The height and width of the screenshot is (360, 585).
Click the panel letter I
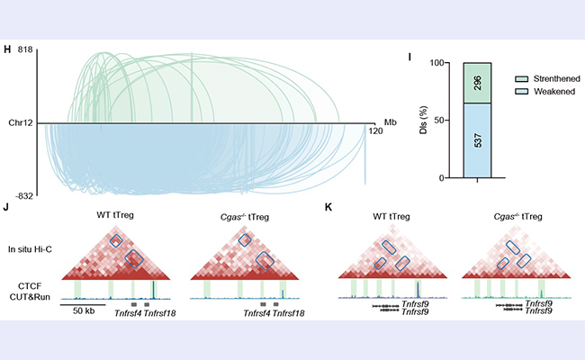[x=410, y=58]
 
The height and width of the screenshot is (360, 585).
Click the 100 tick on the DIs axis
[x=440, y=63]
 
